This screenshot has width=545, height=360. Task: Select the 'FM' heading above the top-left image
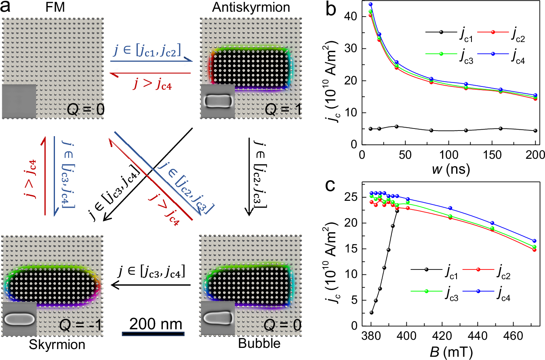click(x=53, y=8)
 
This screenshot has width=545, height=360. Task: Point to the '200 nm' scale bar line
click(x=153, y=334)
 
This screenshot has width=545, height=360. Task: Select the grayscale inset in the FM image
click(x=19, y=101)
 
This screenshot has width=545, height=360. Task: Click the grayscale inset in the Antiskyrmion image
click(x=217, y=101)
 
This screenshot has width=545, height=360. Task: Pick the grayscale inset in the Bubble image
click(x=217, y=318)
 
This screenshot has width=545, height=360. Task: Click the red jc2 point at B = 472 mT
click(x=534, y=250)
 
